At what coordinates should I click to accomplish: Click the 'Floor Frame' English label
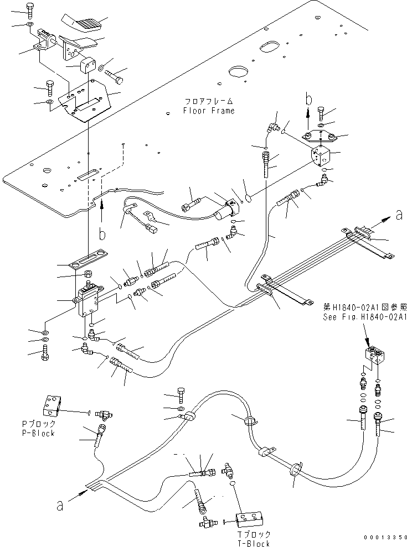point(209,111)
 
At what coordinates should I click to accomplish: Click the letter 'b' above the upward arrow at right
point(309,100)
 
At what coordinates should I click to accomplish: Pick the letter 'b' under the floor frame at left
point(101,235)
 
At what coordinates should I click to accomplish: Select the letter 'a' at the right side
point(399,215)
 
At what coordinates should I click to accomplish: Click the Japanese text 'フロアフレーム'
point(209,102)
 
